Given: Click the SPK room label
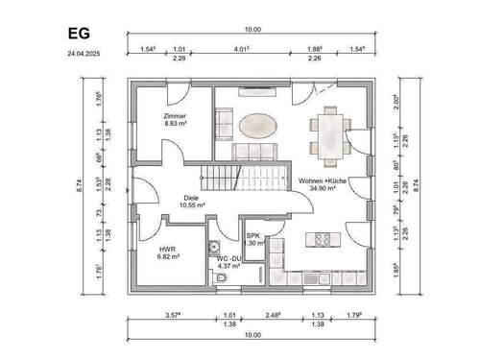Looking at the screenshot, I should tap(253, 235).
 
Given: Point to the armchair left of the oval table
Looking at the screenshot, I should tap(223, 123).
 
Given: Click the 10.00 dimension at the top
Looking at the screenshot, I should tap(252, 30).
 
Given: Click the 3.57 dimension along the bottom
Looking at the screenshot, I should tap(172, 314).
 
